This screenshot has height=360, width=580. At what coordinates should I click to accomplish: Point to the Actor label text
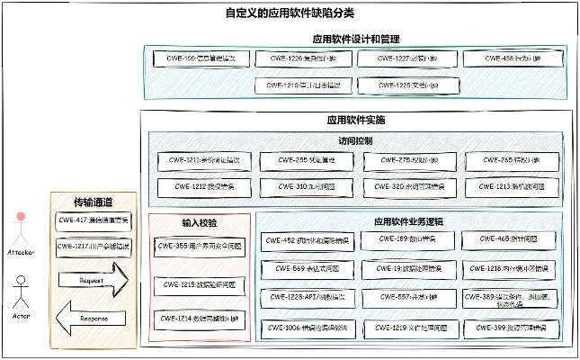pos(21,318)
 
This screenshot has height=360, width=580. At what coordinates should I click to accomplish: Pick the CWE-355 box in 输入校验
pos(201,245)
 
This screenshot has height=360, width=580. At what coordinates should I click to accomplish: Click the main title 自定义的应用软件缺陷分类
pos(289,13)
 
